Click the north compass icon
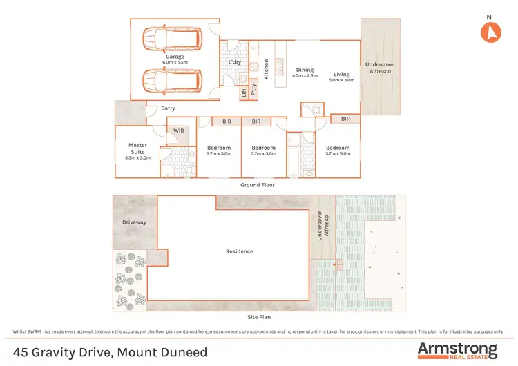click(x=491, y=31)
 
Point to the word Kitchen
click(x=266, y=69)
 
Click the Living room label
click(x=342, y=74)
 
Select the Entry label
click(x=168, y=108)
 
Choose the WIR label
click(x=178, y=130)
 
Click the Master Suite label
click(x=138, y=148)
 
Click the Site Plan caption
click(x=260, y=318)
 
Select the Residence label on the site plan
click(x=239, y=251)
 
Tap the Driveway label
click(x=135, y=222)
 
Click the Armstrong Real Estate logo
click(x=457, y=349)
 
